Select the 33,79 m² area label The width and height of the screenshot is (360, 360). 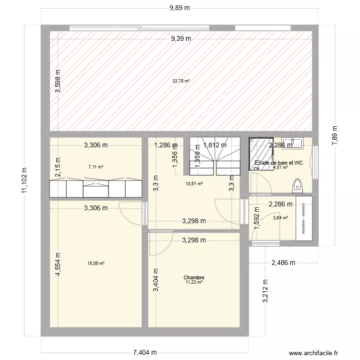[181, 81]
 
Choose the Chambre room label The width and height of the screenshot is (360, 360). [194, 277]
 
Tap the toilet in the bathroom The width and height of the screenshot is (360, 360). [298, 184]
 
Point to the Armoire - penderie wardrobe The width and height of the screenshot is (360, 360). [304, 218]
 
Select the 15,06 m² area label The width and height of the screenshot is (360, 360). [96, 263]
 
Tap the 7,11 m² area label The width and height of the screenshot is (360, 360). [96, 167]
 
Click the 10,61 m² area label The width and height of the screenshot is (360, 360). [194, 183]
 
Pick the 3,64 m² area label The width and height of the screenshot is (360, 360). [280, 218]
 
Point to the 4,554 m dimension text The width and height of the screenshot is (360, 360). [58, 264]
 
